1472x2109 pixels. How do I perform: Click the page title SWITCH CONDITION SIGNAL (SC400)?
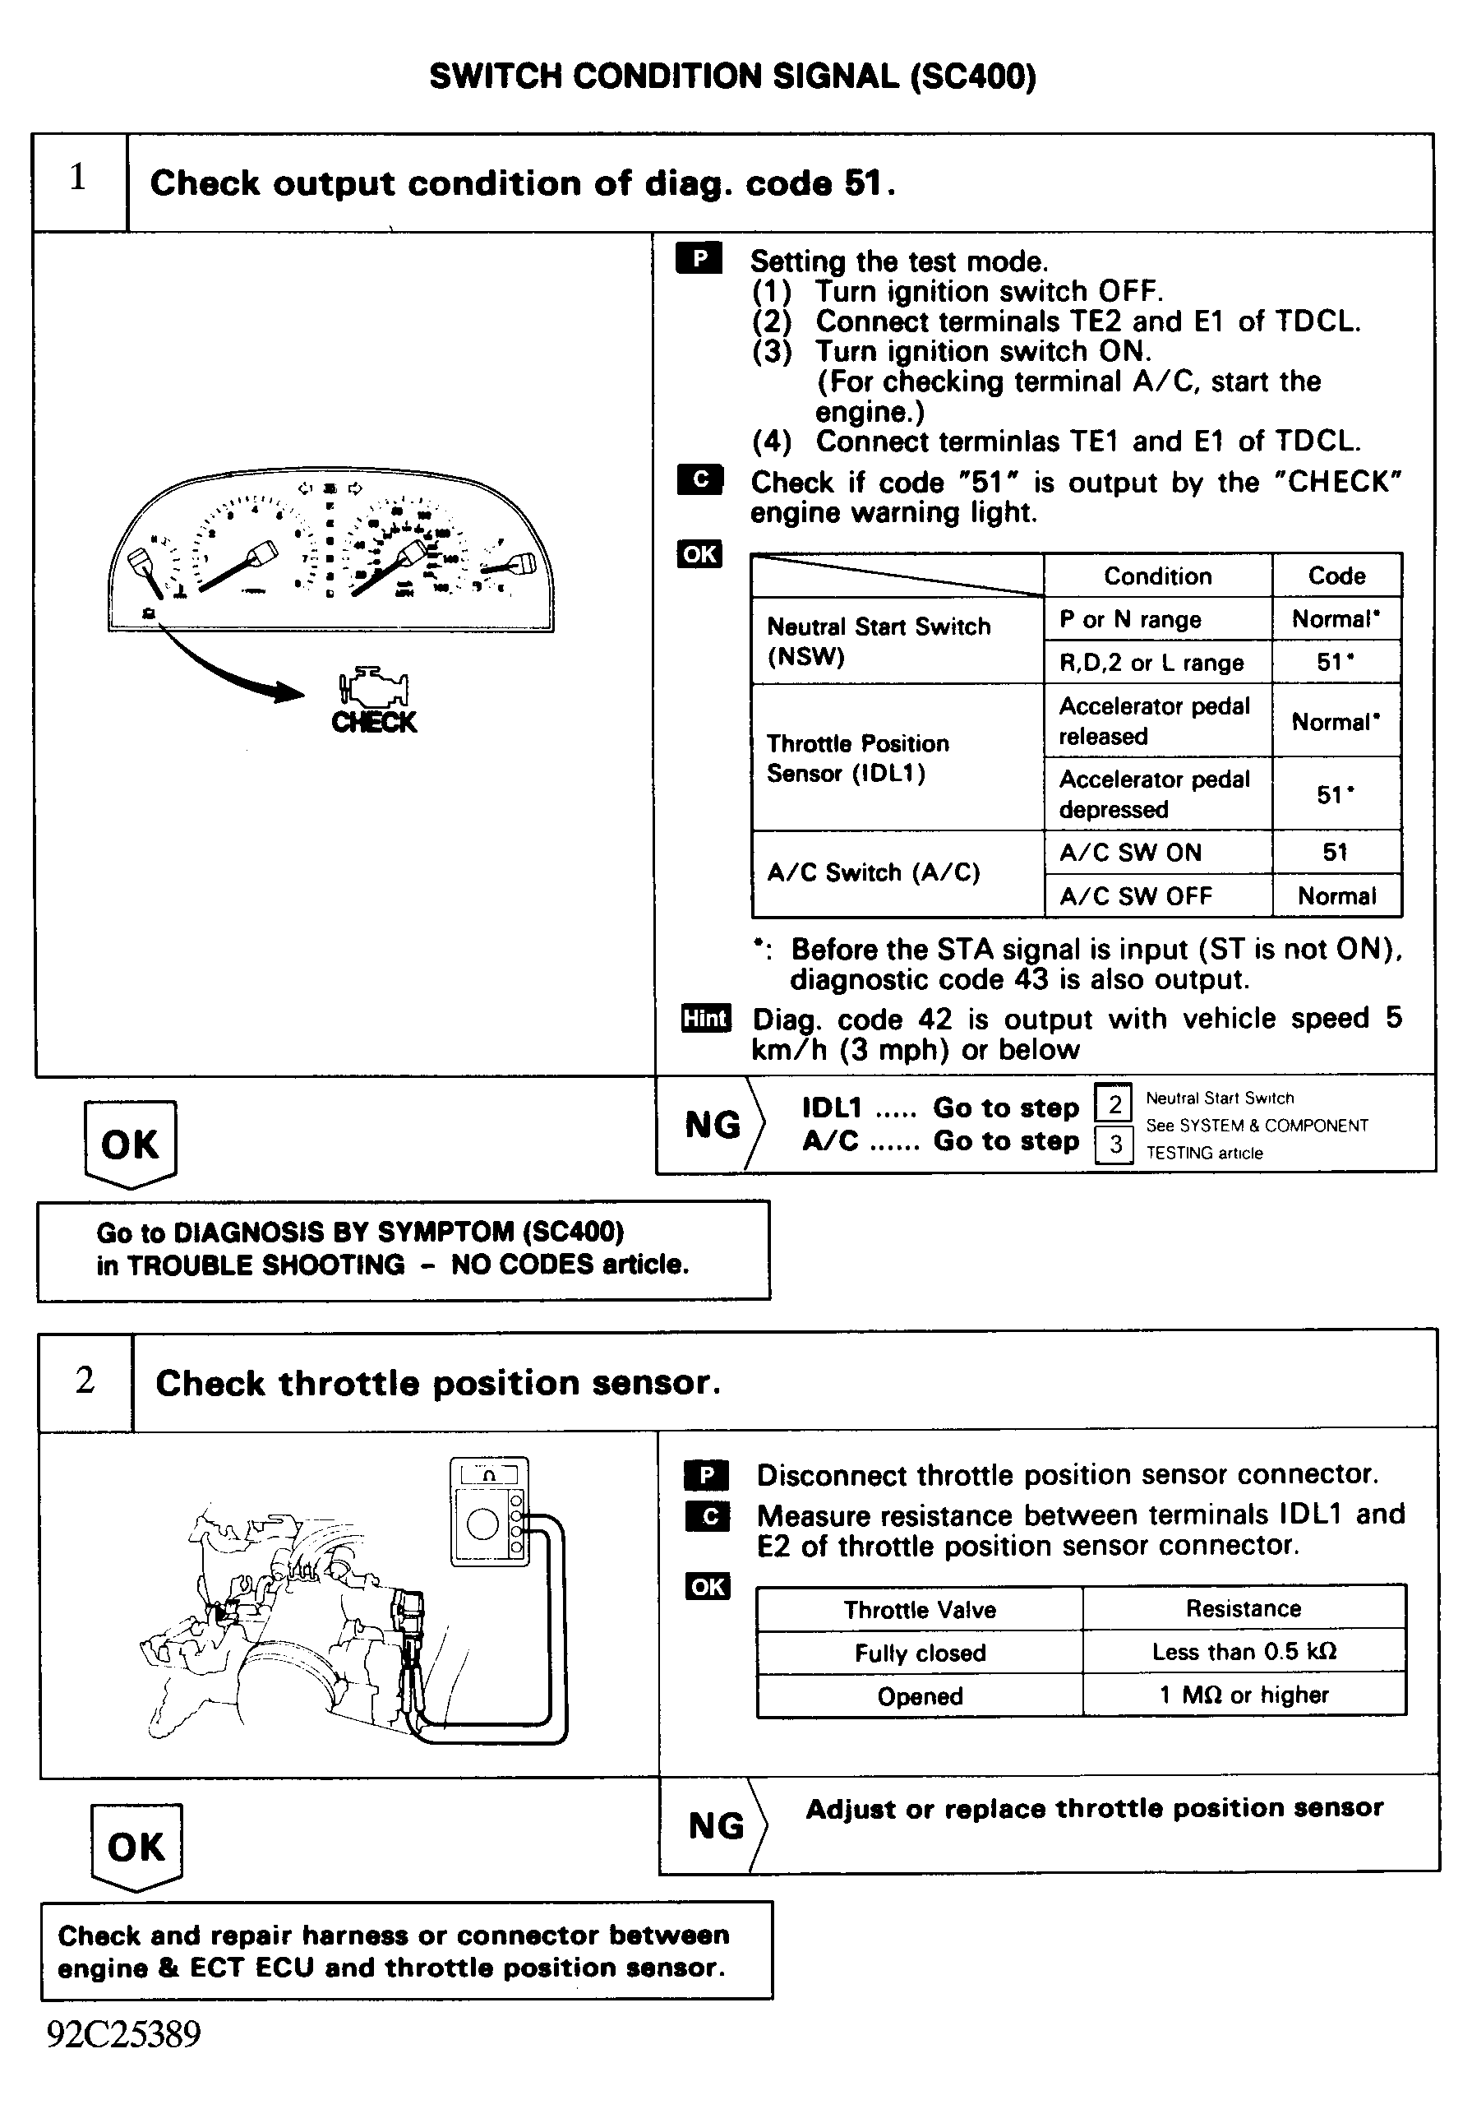point(733,76)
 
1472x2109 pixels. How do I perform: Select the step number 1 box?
point(79,181)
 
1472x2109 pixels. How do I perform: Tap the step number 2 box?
point(85,1380)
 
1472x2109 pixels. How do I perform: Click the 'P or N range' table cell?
point(1157,619)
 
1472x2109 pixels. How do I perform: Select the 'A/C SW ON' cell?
point(1157,853)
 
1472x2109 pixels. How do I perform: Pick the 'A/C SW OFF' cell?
point(1157,895)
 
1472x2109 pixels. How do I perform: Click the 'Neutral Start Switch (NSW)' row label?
point(879,641)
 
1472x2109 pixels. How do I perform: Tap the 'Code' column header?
point(1336,576)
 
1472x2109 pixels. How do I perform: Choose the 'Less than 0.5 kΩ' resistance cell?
point(1244,1652)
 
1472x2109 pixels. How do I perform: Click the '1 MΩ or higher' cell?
point(1244,1695)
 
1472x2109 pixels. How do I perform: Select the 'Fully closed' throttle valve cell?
point(919,1653)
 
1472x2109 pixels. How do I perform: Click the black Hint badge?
point(705,1018)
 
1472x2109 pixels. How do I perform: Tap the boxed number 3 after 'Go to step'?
point(1114,1145)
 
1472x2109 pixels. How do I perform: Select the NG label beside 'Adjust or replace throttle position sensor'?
point(716,1825)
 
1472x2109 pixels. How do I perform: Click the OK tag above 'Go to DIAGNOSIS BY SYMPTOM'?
point(130,1145)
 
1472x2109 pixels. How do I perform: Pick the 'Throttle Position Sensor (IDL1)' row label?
point(858,758)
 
